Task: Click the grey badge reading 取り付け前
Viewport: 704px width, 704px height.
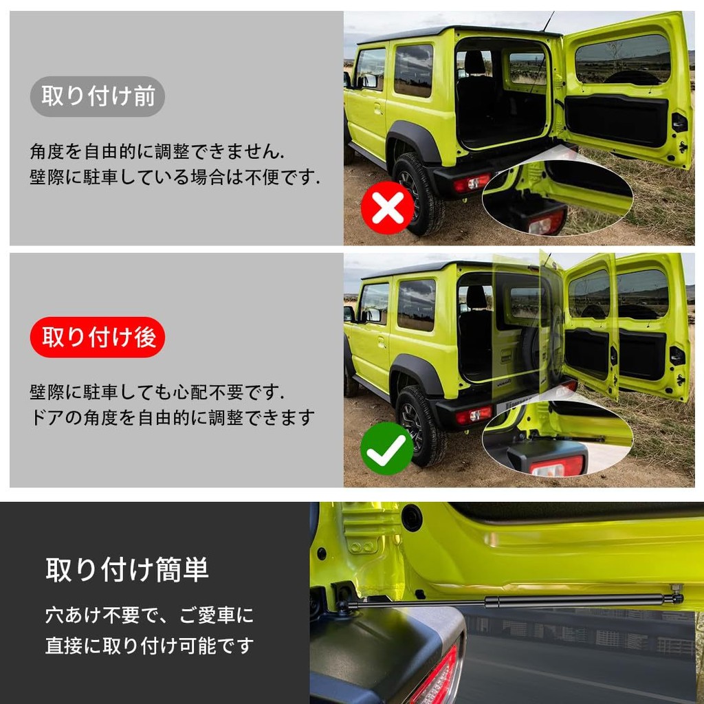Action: click(x=98, y=96)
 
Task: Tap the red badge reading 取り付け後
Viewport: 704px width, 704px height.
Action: click(x=98, y=337)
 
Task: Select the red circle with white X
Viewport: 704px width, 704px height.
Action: click(x=388, y=208)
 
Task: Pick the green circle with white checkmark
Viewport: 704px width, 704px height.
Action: click(x=387, y=448)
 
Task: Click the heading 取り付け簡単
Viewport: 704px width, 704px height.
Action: click(x=127, y=570)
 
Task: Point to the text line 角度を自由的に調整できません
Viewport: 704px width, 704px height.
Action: click(x=157, y=152)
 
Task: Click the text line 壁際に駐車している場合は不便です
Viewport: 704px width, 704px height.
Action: click(x=175, y=177)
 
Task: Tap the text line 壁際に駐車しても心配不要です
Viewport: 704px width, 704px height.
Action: click(x=157, y=393)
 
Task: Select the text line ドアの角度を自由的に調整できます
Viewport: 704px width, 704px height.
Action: click(x=172, y=417)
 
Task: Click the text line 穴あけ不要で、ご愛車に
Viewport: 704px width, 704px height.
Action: click(x=149, y=615)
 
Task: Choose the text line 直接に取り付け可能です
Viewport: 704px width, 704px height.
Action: click(x=149, y=646)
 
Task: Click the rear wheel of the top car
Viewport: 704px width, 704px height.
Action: click(x=417, y=193)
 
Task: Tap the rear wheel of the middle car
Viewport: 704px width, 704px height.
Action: click(x=421, y=426)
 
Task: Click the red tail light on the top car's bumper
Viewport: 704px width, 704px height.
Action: click(x=472, y=182)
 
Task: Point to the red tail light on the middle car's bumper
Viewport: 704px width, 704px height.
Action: click(x=474, y=415)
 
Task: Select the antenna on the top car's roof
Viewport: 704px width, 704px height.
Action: click(x=548, y=21)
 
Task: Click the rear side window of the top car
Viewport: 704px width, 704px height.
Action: click(x=413, y=70)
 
